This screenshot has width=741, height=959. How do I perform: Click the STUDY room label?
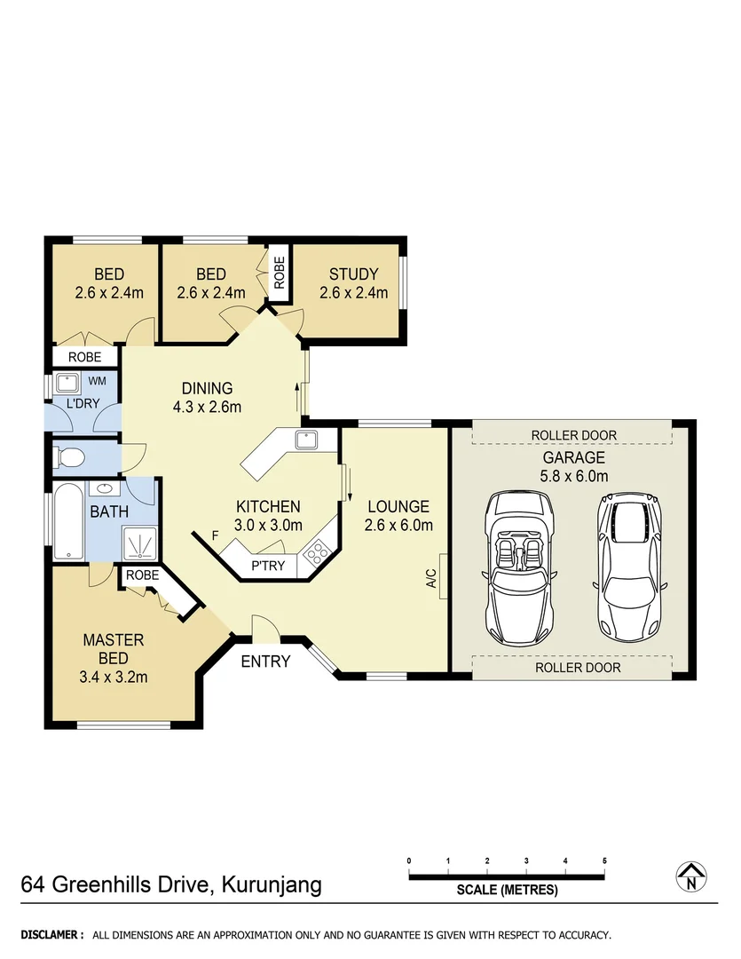[353, 274]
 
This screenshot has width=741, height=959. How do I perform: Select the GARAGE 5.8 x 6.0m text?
[574, 467]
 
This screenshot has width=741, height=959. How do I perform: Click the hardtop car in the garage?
[631, 569]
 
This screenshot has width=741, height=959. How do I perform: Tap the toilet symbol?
[69, 458]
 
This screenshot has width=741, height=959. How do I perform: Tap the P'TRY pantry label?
[268, 565]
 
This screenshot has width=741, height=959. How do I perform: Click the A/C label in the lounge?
[432, 578]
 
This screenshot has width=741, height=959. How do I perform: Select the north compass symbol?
[690, 876]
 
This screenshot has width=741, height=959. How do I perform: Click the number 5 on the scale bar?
[604, 861]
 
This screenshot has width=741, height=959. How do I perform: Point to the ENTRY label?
[265, 662]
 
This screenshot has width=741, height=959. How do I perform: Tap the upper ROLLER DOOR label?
[573, 434]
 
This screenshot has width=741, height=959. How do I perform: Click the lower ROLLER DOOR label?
[577, 667]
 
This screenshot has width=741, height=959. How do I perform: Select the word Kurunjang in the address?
[272, 885]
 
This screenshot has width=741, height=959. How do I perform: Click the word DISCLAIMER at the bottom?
[52, 935]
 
